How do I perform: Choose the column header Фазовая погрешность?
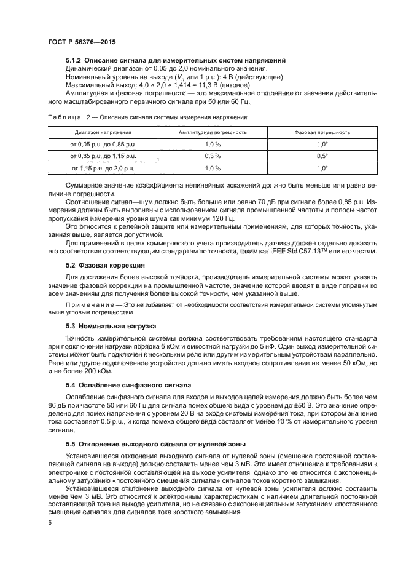[x=322, y=132]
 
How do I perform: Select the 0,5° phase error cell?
[x=322, y=156]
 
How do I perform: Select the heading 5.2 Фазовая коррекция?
[x=105, y=264]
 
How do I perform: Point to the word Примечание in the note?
[x=87, y=304]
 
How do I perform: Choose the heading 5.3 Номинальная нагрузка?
[x=111, y=325]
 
